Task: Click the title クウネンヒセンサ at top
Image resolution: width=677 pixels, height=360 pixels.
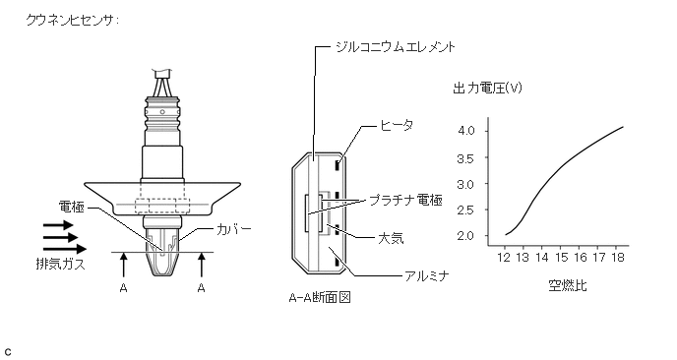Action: pyautogui.click(x=72, y=21)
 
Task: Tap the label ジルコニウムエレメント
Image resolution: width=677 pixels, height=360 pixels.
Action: pyautogui.click(x=395, y=46)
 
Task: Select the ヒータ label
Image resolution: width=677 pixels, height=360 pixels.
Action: pyautogui.click(x=397, y=125)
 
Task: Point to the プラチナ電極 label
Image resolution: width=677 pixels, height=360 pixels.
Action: pyautogui.click(x=405, y=200)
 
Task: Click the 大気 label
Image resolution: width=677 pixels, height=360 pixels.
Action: pyautogui.click(x=391, y=238)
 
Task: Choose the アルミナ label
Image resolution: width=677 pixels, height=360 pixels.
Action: pyautogui.click(x=427, y=275)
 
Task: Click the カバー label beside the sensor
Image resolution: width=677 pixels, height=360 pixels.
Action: pyautogui.click(x=233, y=229)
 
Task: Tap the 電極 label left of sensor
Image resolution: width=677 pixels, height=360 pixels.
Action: pyautogui.click(x=72, y=208)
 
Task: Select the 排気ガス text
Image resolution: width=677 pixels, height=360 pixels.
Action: pyautogui.click(x=60, y=265)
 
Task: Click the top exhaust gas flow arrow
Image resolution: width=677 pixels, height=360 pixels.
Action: pyautogui.click(x=58, y=225)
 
